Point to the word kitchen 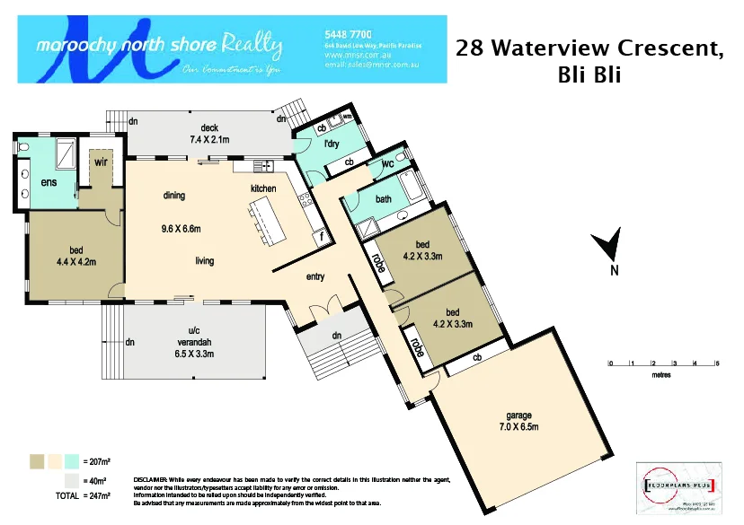tap(263, 188)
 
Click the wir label tap(101, 164)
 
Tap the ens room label tap(49, 184)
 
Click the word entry tap(314, 276)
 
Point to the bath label tap(384, 199)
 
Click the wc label tap(388, 164)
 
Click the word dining tap(174, 195)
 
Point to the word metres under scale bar tap(661, 376)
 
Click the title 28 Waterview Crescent tap(590, 48)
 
